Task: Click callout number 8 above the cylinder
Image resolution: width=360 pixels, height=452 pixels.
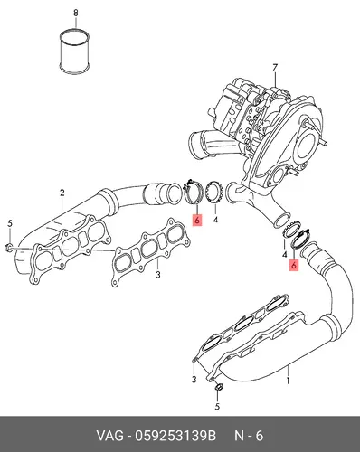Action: coord(76,13)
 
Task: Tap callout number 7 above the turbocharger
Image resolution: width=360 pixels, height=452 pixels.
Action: coord(275,68)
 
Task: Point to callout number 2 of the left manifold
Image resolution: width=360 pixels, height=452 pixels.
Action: coord(62,193)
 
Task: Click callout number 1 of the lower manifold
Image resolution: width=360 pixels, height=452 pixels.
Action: coord(288,381)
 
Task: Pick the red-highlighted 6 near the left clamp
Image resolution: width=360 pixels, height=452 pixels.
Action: coord(197,220)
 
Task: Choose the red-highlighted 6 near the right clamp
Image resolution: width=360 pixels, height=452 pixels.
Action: coord(294,265)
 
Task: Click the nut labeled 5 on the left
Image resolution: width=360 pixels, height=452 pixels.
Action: coord(9,248)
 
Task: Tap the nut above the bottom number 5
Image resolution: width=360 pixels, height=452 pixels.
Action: coord(218,387)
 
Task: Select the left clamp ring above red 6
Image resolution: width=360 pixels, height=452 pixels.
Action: coord(192,192)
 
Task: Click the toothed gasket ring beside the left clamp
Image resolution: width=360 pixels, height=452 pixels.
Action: coord(214,192)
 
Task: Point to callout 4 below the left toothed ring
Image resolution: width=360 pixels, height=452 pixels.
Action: coord(215,221)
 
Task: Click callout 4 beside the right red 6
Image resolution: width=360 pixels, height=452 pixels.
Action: coord(284,255)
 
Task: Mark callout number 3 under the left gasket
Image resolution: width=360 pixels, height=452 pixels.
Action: coord(158,275)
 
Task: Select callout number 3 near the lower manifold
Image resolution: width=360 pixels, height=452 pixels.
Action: coord(194,379)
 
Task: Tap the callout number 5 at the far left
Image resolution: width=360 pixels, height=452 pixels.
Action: coord(10,223)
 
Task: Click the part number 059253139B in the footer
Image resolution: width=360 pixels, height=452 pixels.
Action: coord(175,436)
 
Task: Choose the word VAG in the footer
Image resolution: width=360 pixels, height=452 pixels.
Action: coord(109,436)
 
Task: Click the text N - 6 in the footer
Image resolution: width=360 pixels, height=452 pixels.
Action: coord(249,436)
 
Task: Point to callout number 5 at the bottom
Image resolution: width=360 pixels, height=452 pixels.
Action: coord(217,407)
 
